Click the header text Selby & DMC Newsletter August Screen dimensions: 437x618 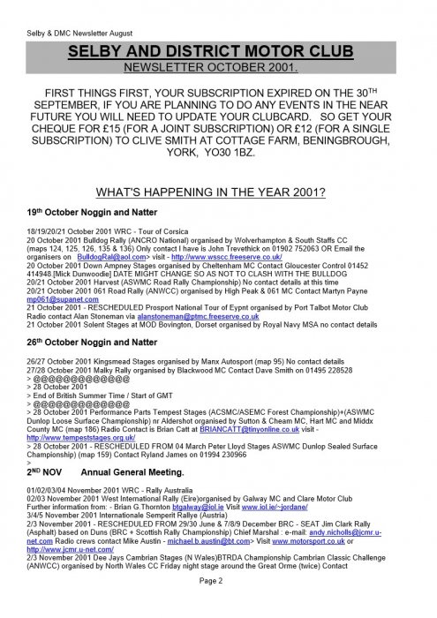point(70,9)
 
